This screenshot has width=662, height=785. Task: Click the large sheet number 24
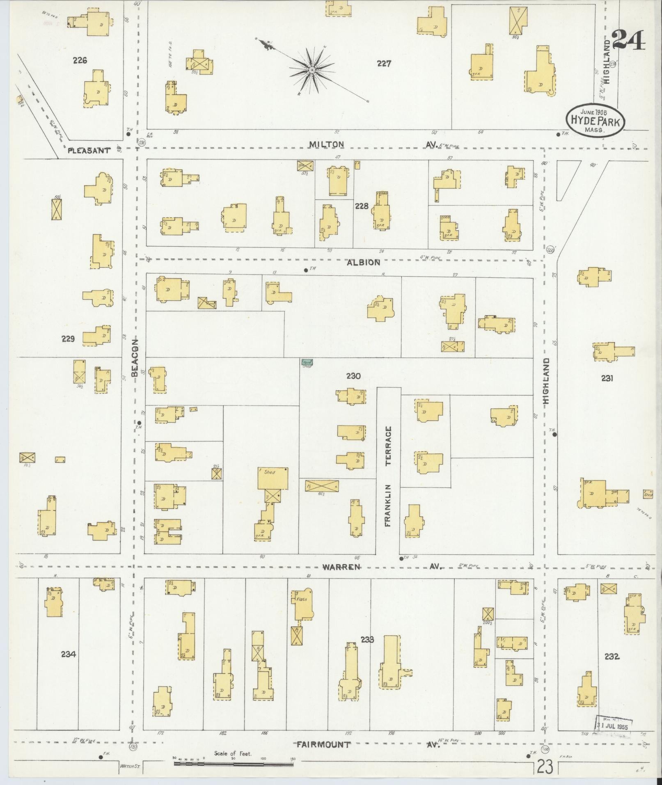628,40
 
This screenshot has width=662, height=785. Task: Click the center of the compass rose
312,71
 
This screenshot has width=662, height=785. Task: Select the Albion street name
364,262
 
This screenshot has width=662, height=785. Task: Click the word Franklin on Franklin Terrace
388,505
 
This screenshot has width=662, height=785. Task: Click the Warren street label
341,567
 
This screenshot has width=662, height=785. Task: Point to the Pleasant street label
89,151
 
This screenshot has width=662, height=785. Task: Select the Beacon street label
135,358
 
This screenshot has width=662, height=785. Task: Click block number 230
353,375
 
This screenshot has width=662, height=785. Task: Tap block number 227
384,64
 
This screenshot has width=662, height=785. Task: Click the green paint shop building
307,363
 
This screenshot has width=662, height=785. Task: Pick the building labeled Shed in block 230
273,478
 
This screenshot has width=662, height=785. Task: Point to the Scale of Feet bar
233,763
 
